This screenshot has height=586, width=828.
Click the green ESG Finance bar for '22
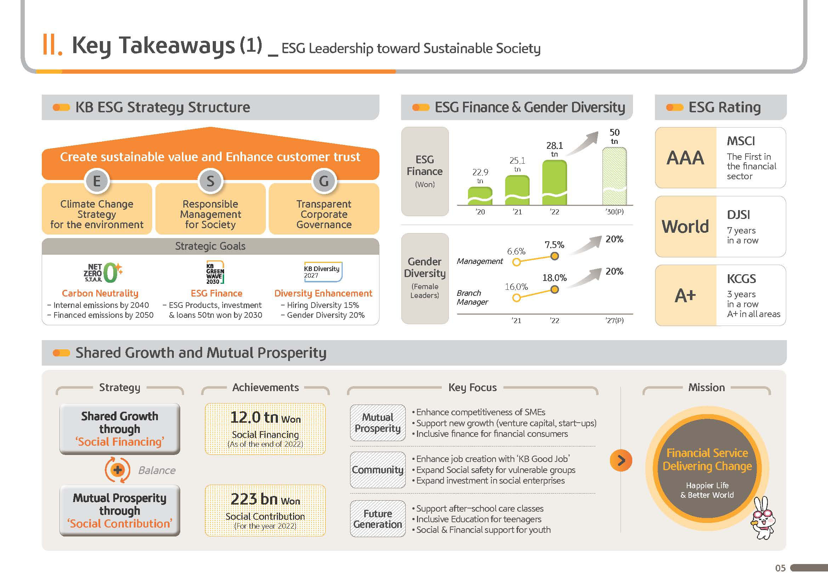point(554,182)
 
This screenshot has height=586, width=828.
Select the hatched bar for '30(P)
point(614,176)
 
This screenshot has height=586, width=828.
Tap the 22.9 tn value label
point(480,176)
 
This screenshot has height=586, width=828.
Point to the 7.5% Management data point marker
point(554,256)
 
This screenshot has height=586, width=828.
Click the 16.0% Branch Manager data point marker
point(516,298)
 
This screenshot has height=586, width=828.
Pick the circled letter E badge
point(97,181)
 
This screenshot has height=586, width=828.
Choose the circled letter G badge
point(324,181)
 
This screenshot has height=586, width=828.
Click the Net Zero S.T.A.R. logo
point(103,272)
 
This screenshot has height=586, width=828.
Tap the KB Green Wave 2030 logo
point(215,272)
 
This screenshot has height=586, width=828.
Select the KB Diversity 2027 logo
point(323,272)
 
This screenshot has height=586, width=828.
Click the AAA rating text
point(685,158)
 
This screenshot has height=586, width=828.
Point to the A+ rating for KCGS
point(685,295)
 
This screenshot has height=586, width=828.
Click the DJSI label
point(738,215)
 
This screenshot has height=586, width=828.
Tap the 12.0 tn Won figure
point(265,417)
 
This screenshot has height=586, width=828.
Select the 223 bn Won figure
point(265,500)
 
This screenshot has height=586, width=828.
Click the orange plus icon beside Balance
point(118,470)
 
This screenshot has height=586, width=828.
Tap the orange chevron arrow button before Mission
point(621,460)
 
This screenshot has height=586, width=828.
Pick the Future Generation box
point(378,519)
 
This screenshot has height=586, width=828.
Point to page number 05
point(780,568)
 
